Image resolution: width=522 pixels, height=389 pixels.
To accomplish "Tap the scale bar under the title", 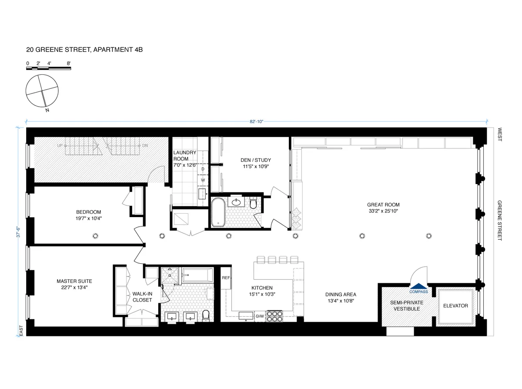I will point(48,69).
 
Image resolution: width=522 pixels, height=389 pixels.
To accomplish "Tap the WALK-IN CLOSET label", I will point(142,297).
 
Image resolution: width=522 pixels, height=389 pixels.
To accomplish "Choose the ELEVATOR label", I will point(455,306).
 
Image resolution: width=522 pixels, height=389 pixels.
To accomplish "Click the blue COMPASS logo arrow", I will point(419,285).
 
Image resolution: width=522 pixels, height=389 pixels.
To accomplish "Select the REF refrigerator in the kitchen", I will point(226,278).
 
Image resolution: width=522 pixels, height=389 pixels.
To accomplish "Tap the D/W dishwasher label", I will point(260,316).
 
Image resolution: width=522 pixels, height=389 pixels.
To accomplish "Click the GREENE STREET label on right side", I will point(500,221).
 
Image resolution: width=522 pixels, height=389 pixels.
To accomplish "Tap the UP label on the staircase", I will point(59,145).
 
